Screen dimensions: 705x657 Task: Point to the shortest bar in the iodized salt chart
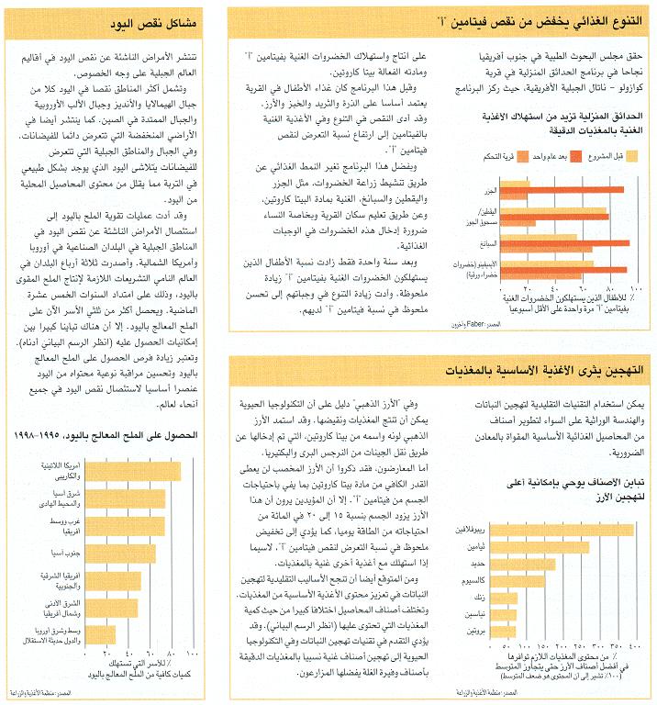(x=99, y=635)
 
